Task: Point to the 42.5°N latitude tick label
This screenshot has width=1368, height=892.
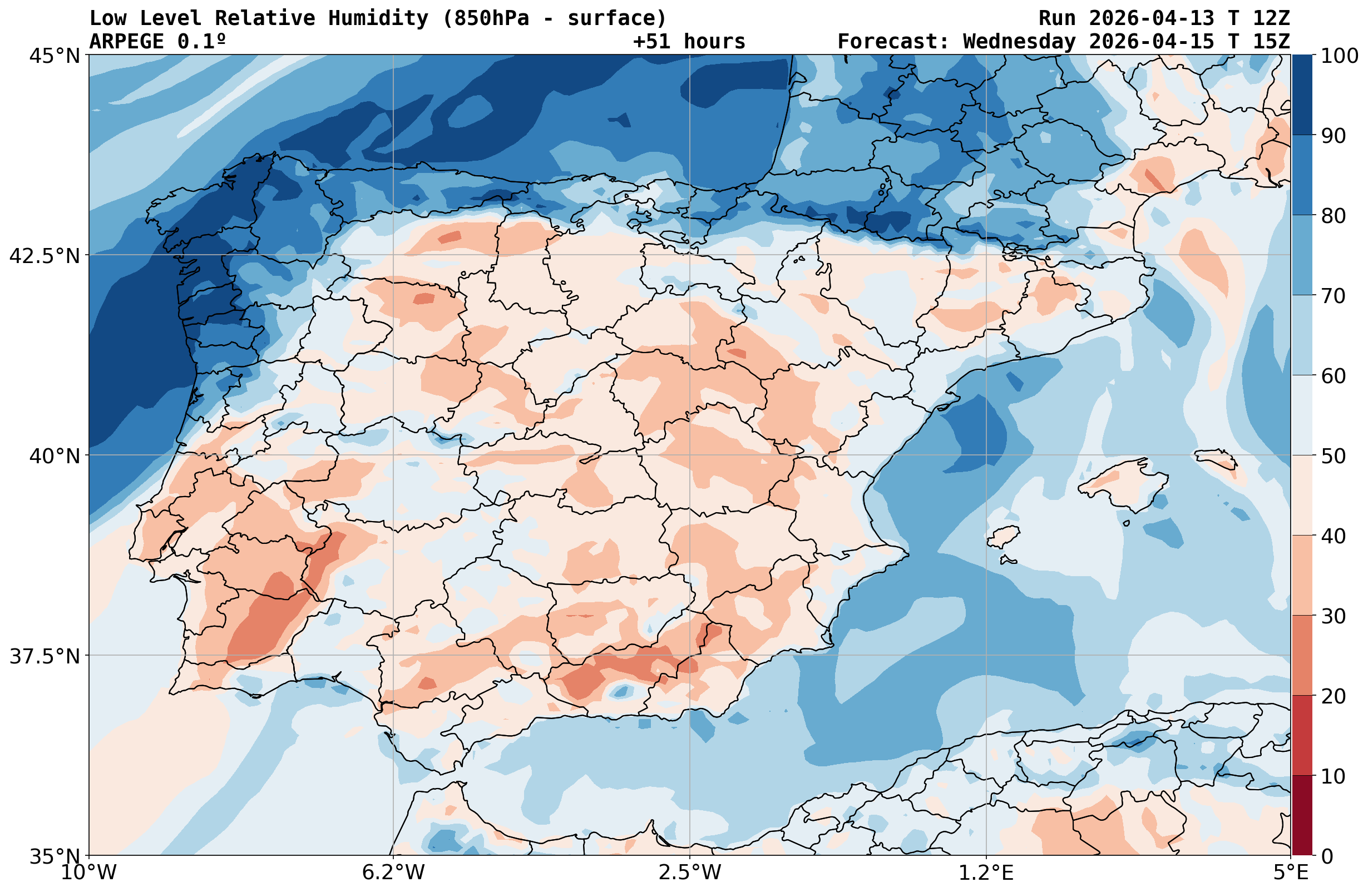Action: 45,256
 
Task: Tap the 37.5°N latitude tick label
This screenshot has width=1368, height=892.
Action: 45,656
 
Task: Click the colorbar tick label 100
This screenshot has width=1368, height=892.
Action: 1340,56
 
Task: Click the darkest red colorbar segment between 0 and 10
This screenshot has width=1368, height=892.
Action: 1302,815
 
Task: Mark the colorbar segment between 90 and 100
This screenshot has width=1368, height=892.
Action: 1302,95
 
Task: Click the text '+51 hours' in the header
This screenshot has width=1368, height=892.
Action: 689,42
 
